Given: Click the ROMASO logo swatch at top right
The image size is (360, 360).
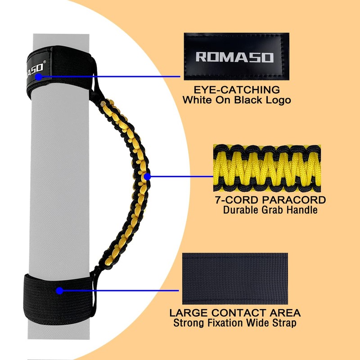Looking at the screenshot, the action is [236, 56].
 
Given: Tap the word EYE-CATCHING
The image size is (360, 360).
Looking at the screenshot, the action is [236, 90].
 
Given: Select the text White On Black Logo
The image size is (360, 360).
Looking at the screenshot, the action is [236, 100].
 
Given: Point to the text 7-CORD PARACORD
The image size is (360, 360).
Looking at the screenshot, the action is [270, 199].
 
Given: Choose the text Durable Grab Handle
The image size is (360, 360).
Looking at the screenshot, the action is [270, 210].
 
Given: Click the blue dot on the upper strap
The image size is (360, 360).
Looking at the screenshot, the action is [39, 77].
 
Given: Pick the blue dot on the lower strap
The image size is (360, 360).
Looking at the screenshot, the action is [59, 291].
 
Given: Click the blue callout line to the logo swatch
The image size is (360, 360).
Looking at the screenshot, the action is [112, 77].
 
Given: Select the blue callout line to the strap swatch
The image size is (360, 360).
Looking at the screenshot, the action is [121, 291].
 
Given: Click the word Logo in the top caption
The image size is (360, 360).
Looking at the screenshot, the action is [278, 100].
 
